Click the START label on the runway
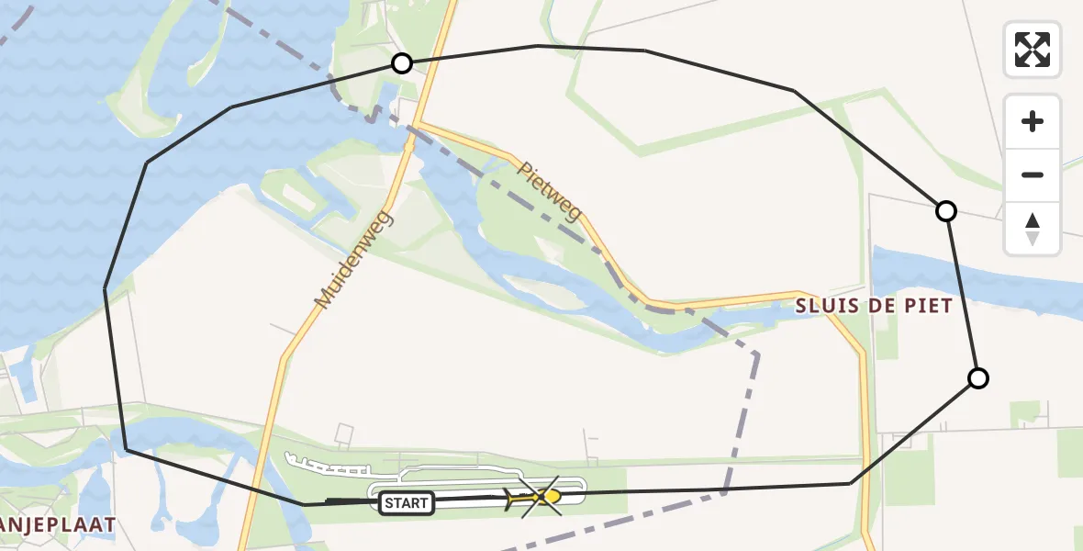coord(406,503)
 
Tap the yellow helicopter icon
coord(549,497)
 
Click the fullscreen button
coord(1033,50)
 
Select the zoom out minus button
coord(1033,174)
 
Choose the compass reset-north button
coord(1033,229)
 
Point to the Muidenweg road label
coord(352,260)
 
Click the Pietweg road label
coord(549,192)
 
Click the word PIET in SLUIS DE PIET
coord(928,306)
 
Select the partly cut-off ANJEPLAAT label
coord(57,525)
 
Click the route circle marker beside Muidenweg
coord(401,63)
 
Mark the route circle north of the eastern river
coord(945,211)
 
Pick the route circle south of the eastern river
coord(978,378)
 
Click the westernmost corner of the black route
coord(106,289)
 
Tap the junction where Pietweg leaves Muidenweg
coord(415,124)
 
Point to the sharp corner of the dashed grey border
coord(756,354)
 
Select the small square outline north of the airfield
coord(344,433)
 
